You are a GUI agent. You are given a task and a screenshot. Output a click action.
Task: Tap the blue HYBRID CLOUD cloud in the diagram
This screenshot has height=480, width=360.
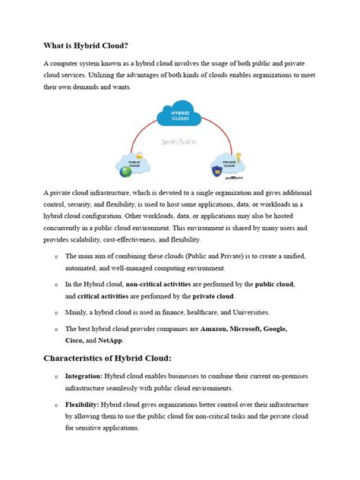click(x=180, y=116)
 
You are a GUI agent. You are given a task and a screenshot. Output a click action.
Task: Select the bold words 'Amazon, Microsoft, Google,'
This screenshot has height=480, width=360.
click(x=247, y=329)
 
